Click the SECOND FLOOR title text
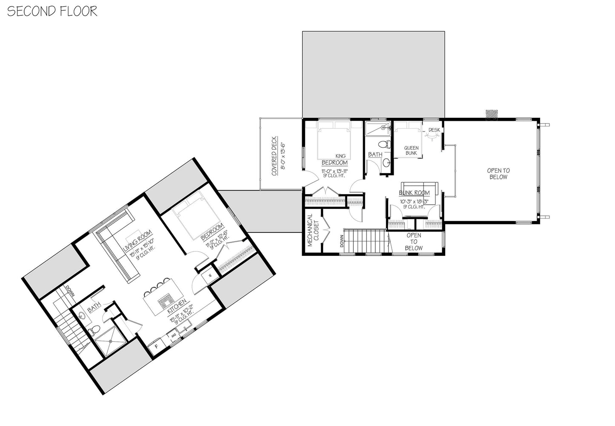(52, 11)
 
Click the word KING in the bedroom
(340, 156)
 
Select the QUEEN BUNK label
(411, 150)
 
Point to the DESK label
(434, 130)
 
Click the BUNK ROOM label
(414, 193)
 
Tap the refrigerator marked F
(156, 346)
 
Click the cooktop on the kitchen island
(165, 303)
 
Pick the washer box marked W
(210, 275)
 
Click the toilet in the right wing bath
(385, 144)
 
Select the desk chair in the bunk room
(432, 137)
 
